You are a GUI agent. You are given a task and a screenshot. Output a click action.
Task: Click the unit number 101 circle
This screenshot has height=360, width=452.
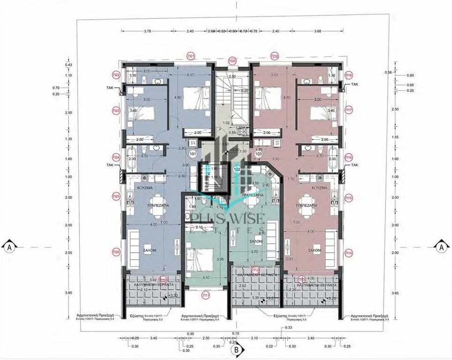(x=192, y=153)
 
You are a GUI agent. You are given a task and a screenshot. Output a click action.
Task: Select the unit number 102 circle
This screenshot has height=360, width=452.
(x=237, y=169)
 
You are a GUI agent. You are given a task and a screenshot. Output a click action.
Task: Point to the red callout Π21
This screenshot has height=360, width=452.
(x=191, y=55)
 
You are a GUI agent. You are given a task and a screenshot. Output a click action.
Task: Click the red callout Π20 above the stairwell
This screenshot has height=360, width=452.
(x=232, y=61)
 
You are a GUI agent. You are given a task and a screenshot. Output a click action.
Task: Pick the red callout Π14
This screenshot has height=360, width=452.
(x=348, y=253)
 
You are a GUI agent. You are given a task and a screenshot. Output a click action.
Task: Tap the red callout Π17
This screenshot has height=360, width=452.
(x=348, y=111)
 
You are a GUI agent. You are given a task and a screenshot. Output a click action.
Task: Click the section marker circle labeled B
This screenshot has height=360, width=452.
(x=237, y=349)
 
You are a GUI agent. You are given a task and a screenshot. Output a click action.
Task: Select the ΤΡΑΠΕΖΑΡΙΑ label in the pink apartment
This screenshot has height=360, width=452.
(x=307, y=205)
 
